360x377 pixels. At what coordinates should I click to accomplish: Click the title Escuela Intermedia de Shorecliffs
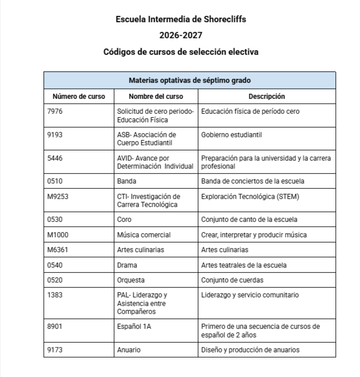(181, 19)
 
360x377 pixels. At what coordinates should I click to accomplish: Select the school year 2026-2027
(181, 35)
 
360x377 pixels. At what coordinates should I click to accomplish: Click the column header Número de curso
(79, 97)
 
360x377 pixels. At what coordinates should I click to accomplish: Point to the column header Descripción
(266, 97)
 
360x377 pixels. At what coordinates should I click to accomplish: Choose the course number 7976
(55, 112)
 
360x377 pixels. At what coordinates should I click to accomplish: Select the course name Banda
(127, 181)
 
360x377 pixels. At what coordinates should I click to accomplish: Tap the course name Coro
(125, 220)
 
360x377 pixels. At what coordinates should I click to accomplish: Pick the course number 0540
(55, 265)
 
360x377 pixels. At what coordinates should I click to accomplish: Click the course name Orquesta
(131, 280)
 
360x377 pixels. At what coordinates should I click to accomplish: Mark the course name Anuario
(129, 350)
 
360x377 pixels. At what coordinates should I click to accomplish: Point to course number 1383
(55, 295)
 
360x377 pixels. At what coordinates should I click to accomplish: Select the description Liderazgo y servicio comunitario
(250, 295)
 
